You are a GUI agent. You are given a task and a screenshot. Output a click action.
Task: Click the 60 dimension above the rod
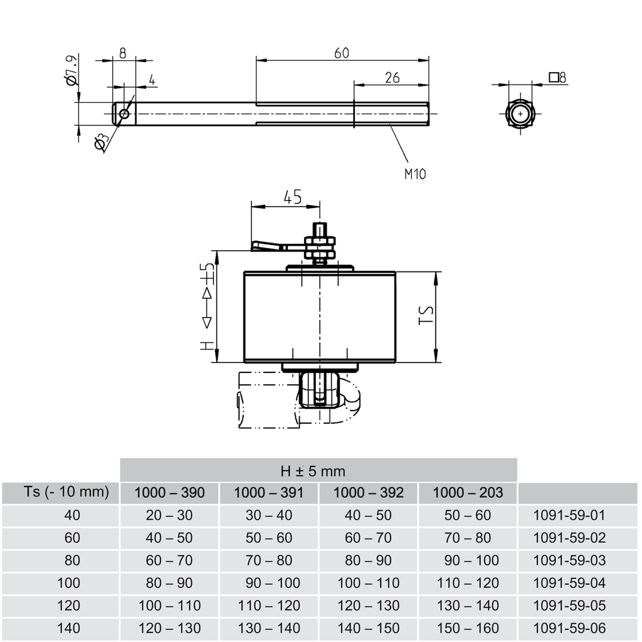[x=341, y=53]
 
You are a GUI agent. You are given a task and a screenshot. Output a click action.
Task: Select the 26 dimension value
[x=392, y=78]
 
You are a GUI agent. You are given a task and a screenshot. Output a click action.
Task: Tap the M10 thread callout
[x=414, y=174]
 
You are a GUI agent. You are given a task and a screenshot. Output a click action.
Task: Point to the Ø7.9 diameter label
[x=71, y=70]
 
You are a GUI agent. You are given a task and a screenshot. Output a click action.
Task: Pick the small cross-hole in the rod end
[x=124, y=114]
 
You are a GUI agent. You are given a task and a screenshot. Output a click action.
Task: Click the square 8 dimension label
[x=557, y=78]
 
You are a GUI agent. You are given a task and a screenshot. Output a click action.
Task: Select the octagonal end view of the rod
[x=520, y=114]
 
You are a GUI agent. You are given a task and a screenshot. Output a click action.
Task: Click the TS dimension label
[x=426, y=315]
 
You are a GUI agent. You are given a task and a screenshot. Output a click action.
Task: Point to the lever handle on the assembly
[x=268, y=246]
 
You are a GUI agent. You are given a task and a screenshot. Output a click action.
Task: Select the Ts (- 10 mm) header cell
[x=61, y=493]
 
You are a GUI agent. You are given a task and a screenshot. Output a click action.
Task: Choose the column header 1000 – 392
[x=368, y=493]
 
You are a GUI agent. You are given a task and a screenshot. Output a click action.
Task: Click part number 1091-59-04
[x=569, y=583]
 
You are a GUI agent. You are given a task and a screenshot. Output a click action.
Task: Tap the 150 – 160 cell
[x=468, y=628]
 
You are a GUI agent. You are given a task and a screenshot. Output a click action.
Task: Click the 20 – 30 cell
[x=170, y=515]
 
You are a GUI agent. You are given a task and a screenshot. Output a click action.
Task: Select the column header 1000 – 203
[x=468, y=493]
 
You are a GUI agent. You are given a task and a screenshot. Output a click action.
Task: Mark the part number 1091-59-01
[x=569, y=515]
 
